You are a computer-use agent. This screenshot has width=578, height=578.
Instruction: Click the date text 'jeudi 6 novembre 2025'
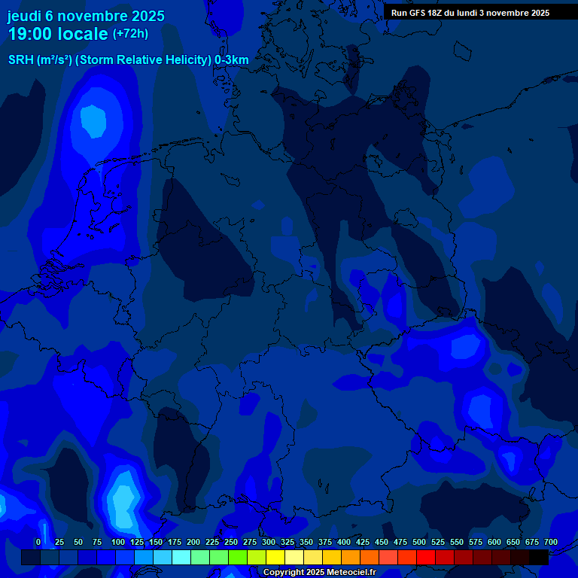87,16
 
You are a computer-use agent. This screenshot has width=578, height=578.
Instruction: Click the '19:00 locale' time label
58,34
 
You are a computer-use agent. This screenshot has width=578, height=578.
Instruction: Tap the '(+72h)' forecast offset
130,34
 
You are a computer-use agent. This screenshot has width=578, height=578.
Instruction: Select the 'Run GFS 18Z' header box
470,13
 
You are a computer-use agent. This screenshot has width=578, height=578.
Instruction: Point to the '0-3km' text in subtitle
232,60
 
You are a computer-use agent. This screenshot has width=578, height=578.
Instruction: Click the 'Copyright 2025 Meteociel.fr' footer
319,573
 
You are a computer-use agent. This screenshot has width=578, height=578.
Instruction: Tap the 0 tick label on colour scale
38,542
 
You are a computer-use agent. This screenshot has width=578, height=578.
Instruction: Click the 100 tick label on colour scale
118,542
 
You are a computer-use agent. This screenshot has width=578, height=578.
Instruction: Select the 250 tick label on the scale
231,542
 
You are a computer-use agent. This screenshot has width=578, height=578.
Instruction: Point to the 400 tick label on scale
344,542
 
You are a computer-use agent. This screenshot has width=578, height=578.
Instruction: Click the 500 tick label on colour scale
419,542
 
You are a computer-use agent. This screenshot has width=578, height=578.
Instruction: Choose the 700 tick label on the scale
551,542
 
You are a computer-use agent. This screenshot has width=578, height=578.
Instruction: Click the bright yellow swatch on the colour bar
275,557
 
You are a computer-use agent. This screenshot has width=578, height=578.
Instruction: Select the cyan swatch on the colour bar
181,557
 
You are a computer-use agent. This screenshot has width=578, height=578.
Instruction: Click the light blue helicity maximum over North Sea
93,120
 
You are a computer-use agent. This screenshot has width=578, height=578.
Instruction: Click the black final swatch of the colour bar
539,557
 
